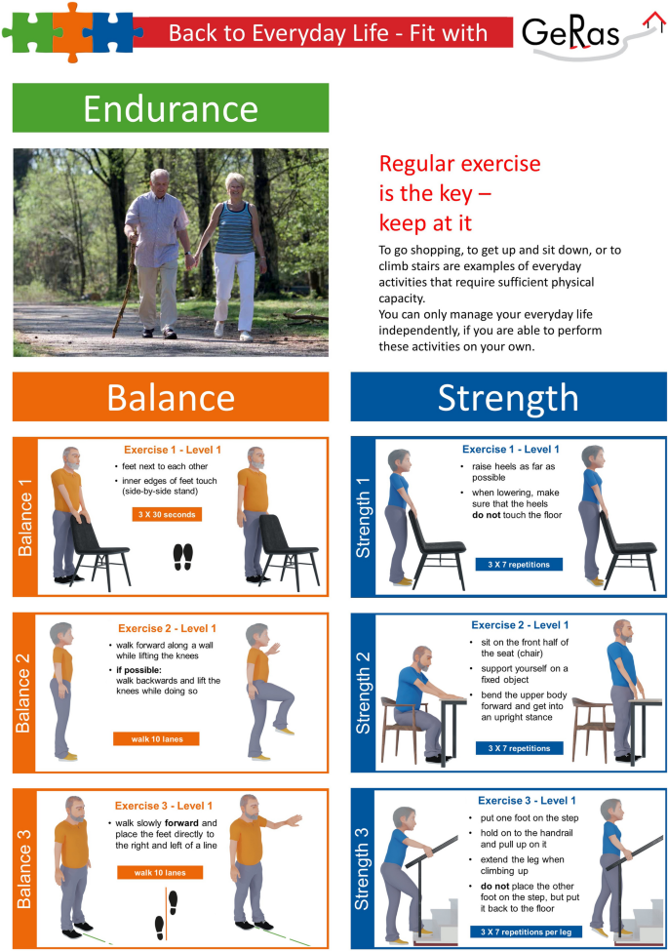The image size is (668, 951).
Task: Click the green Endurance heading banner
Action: (171, 108)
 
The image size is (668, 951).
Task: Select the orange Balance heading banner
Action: (171, 397)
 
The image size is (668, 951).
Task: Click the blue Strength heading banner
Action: (509, 397)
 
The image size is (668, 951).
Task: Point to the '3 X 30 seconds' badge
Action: (167, 514)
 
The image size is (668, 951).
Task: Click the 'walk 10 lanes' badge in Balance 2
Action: (156, 738)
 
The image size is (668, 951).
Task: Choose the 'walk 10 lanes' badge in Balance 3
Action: (160, 873)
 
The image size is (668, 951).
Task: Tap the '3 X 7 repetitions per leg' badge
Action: (527, 931)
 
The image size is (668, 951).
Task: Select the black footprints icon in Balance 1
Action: (183, 557)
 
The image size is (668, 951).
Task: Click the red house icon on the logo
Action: (654, 20)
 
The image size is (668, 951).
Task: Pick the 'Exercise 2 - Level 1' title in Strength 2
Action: (520, 624)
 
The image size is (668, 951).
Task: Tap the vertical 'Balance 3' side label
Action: (24, 868)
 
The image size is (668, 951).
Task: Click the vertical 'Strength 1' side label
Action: (363, 517)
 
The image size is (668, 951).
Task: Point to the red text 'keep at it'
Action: (425, 223)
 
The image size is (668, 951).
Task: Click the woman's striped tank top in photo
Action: (235, 228)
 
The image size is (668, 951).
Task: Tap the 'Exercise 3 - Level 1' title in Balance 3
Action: (164, 806)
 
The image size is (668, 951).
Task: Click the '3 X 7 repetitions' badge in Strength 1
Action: (519, 564)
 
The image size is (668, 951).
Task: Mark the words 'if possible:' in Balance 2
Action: (138, 669)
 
